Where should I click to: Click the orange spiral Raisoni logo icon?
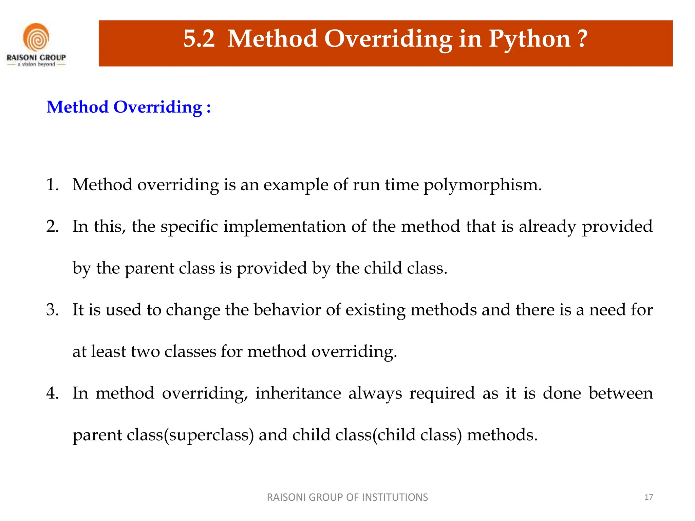point(36,37)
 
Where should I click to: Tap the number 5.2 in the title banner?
point(199,39)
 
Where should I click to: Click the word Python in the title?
point(529,39)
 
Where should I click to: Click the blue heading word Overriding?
point(158,108)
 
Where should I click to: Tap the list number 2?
point(52,227)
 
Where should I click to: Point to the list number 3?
point(52,310)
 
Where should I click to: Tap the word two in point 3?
point(145,352)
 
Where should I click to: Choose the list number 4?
point(52,393)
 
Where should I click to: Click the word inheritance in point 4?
point(298,393)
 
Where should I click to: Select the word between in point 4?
point(621,393)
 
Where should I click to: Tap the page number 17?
point(649,497)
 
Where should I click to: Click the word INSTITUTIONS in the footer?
point(395,497)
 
